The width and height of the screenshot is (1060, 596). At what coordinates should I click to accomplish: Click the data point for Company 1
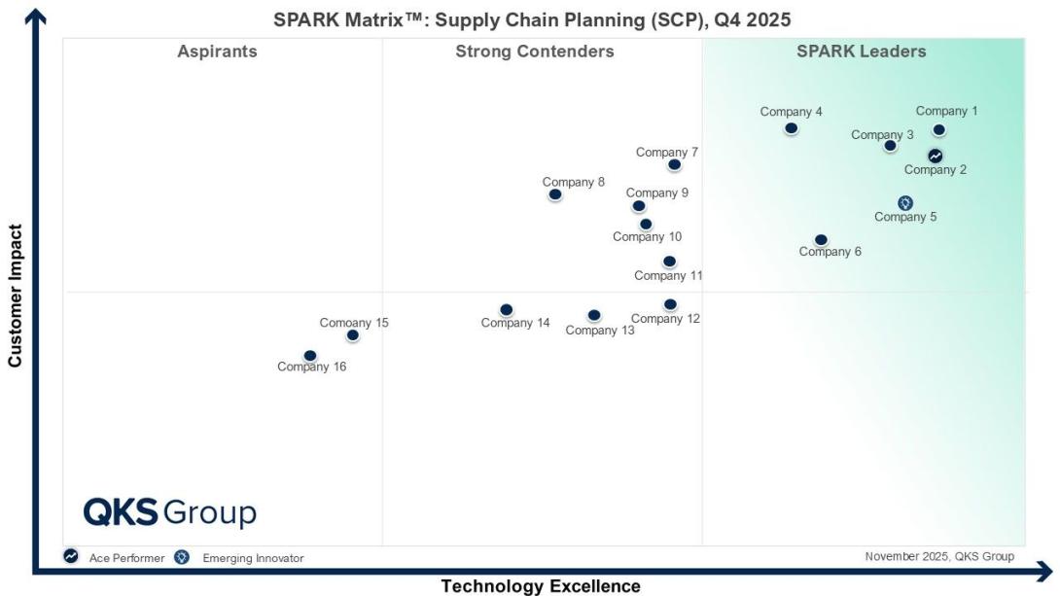(938, 130)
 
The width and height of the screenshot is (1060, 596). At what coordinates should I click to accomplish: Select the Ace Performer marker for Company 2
(935, 156)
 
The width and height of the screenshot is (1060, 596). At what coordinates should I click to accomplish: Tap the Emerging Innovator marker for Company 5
(905, 203)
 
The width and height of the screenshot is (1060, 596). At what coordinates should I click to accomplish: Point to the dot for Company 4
(791, 128)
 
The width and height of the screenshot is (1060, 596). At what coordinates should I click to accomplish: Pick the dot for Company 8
(555, 194)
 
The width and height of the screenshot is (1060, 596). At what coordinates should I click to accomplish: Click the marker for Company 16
(310, 356)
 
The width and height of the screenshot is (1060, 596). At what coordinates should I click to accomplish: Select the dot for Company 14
(507, 310)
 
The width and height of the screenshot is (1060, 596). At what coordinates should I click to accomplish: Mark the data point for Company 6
(821, 240)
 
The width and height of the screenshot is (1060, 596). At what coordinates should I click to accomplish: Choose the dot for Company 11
(669, 262)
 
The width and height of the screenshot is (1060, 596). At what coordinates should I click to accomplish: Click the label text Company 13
(600, 331)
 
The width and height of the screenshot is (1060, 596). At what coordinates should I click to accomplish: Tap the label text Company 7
(666, 152)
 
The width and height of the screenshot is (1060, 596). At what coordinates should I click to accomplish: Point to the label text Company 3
(882, 134)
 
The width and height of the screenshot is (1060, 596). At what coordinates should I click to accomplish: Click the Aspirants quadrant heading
(217, 52)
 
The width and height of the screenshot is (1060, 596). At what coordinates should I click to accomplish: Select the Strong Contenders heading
(535, 52)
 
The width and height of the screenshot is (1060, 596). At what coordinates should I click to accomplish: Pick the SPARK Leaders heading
(861, 52)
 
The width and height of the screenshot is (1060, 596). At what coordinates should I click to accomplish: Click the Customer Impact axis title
(15, 297)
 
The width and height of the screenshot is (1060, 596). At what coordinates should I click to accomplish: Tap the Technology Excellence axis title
(541, 586)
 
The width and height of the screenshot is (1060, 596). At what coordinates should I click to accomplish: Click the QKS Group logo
(169, 512)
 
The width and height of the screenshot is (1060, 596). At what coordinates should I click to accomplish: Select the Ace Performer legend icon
(71, 557)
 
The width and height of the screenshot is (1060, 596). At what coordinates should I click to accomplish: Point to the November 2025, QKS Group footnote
(938, 556)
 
